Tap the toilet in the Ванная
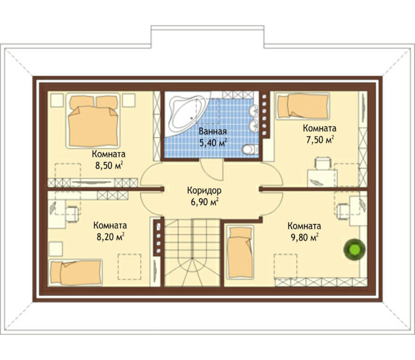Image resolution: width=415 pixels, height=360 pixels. (x=250, y=149)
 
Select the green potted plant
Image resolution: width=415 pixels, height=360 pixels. (x=355, y=249)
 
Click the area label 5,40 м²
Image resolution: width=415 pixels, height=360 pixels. (x=213, y=143)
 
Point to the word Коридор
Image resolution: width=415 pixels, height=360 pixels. (x=204, y=190)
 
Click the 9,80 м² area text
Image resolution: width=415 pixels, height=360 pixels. (x=304, y=237)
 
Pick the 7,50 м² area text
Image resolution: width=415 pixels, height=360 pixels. (x=320, y=140)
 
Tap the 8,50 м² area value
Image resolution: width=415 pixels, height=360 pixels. (x=109, y=165)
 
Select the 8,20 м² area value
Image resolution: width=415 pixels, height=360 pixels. (x=110, y=237)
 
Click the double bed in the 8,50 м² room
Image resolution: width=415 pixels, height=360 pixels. (x=93, y=120)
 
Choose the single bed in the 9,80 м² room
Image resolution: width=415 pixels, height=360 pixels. (x=240, y=253)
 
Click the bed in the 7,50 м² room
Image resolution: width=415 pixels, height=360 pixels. (x=303, y=106)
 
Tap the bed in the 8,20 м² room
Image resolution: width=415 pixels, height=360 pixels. (x=76, y=273)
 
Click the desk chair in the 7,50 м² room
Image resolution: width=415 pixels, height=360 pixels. (x=323, y=163)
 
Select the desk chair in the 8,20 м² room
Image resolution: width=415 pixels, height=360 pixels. (x=72, y=214)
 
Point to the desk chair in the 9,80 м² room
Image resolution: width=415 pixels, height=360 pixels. (x=343, y=211)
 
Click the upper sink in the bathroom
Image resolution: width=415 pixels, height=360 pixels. (x=254, y=110)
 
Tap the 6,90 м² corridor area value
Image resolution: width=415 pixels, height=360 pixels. (x=205, y=202)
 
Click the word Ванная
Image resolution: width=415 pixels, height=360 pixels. (x=213, y=132)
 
